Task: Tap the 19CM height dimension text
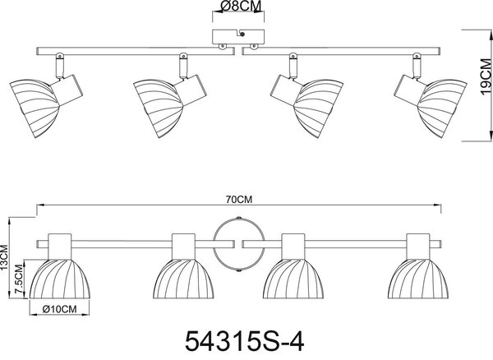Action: click(486, 76)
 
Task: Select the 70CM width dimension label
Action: click(239, 200)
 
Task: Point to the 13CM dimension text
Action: click(4, 257)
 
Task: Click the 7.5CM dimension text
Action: click(19, 279)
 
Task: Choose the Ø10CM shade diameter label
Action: click(59, 309)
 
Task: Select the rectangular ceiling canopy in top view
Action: click(238, 37)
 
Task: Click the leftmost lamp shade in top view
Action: click(35, 108)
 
